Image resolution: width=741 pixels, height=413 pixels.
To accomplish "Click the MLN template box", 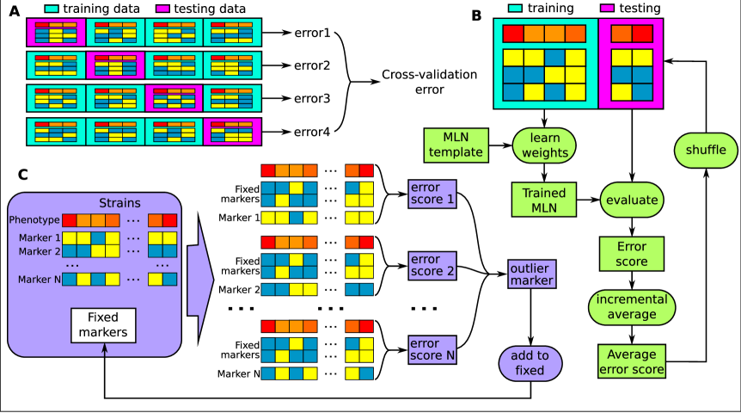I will [x=456, y=145].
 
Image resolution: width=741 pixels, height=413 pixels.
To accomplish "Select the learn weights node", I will [x=544, y=145].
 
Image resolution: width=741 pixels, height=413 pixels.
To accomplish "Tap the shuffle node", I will [x=706, y=151].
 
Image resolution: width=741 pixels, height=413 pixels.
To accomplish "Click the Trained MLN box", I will [x=543, y=200].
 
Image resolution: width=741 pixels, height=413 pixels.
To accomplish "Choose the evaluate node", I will [x=632, y=200].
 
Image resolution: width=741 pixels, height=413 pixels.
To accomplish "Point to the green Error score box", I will [x=632, y=254].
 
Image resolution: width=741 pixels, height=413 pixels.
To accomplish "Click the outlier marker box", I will [x=531, y=274].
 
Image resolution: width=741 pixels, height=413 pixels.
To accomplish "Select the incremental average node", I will [x=632, y=307].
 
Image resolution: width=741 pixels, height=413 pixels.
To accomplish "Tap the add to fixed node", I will [x=530, y=363].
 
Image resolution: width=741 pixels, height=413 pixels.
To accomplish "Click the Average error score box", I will [x=632, y=361].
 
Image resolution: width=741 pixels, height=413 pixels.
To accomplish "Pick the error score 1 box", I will [x=432, y=194].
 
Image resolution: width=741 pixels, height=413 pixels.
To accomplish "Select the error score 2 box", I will [x=432, y=266].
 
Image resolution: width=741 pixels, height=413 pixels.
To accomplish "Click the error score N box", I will [x=432, y=348].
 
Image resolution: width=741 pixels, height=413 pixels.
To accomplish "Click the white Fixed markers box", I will [x=103, y=324].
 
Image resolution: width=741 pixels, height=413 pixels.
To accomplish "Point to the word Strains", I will [x=119, y=203].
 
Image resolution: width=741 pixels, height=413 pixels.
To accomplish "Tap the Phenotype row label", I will [x=34, y=220].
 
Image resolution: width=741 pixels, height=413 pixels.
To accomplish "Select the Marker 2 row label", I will [x=40, y=251].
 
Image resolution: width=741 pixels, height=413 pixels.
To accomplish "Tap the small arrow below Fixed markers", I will [x=104, y=349].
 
